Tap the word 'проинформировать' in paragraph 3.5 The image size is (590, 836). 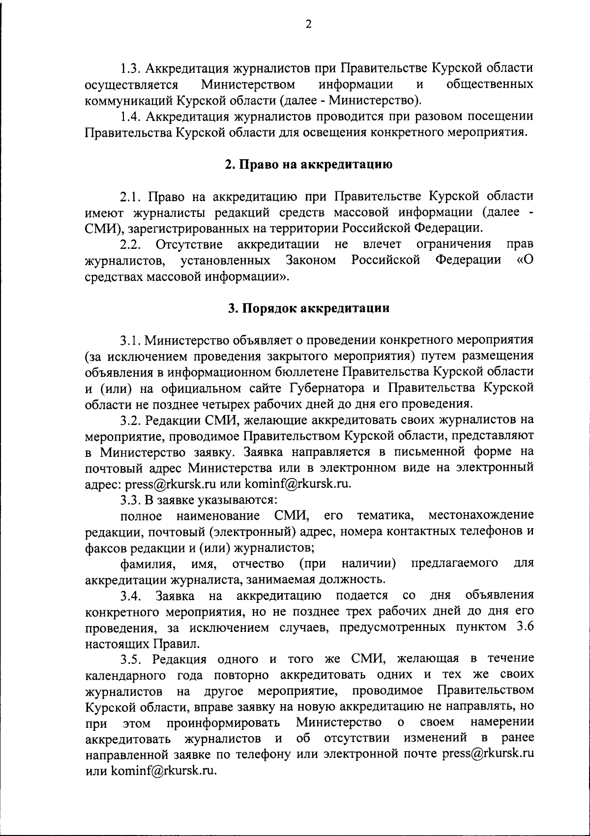click(x=224, y=722)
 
